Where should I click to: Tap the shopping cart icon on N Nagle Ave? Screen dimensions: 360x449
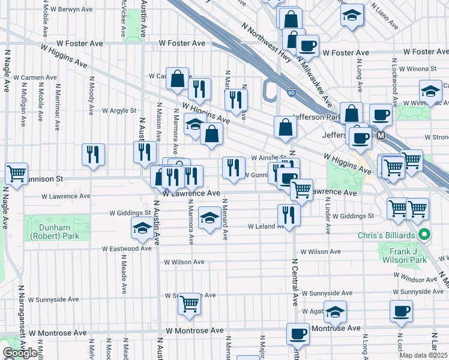tap(16, 174)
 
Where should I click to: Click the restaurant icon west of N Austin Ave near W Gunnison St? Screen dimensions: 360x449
tap(93, 154)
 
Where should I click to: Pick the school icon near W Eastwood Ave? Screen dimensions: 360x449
tap(142, 228)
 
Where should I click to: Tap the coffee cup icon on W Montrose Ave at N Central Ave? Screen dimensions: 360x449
tap(297, 334)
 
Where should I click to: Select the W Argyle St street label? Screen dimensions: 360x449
tap(119, 110)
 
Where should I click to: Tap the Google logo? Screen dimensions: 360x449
tap(20, 352)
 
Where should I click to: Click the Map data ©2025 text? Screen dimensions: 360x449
tap(424, 355)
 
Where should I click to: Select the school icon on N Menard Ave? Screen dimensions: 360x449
tap(209, 217)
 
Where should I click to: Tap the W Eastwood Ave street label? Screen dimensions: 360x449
tap(126, 248)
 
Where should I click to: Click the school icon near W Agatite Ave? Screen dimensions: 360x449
tap(335, 311)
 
